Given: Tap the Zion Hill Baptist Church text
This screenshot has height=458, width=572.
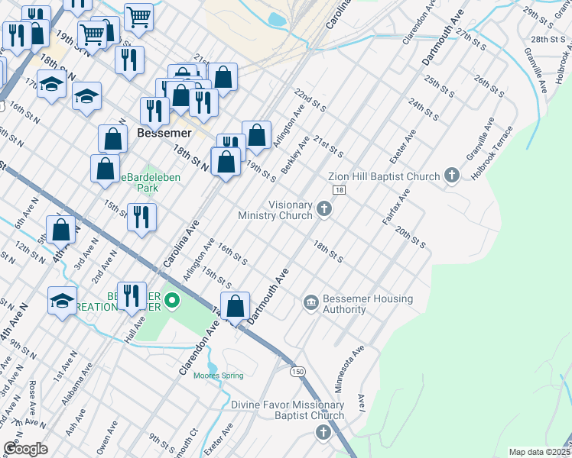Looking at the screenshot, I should click(384, 176).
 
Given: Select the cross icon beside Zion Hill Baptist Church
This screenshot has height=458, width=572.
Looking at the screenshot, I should click(452, 176).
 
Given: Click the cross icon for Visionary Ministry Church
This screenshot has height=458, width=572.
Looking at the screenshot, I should click(324, 208).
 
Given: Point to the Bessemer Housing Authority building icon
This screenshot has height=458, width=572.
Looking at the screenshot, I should click(310, 304).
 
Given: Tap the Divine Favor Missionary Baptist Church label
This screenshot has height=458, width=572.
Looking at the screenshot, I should click(288, 410).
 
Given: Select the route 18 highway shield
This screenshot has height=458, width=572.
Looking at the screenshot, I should click(340, 189).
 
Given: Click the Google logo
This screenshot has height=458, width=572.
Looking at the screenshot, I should click(25, 448).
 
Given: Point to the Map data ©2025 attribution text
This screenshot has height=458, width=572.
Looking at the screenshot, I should click(539, 452).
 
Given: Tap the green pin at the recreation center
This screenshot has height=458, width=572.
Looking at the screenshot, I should click(172, 302).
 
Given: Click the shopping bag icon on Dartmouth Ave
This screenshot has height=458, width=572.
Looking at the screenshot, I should click(236, 307).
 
